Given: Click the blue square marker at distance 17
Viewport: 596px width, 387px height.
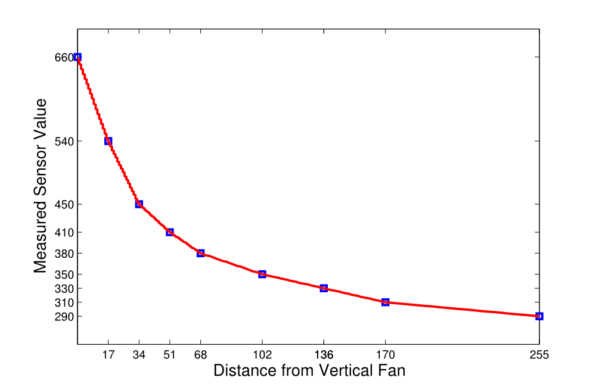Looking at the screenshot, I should [x=108, y=141].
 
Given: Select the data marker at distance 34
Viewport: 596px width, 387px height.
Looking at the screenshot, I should [x=139, y=204].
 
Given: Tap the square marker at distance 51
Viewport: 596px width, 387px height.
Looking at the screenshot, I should [x=170, y=232].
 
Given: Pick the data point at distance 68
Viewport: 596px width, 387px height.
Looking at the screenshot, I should [x=201, y=253].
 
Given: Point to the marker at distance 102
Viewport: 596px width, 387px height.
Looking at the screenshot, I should [x=262, y=274].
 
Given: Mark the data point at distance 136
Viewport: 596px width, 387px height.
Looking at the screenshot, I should [x=324, y=288].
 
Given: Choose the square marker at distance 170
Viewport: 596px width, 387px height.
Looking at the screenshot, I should [x=386, y=302].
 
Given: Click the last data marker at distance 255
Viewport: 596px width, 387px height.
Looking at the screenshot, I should [x=539, y=316].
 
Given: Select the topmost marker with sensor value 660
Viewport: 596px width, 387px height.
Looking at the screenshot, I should [x=77, y=57].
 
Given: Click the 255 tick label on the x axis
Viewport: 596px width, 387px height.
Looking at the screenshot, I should [x=539, y=355].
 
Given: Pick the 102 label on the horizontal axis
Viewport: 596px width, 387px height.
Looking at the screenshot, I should [x=262, y=355].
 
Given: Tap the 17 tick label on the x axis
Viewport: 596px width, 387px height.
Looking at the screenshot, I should [x=108, y=355].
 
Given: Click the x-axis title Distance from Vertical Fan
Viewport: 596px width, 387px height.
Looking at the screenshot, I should [x=309, y=371].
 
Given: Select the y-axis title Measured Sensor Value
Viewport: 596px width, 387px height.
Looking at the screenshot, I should [x=40, y=186].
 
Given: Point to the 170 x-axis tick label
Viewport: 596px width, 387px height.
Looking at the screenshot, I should [x=386, y=355].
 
